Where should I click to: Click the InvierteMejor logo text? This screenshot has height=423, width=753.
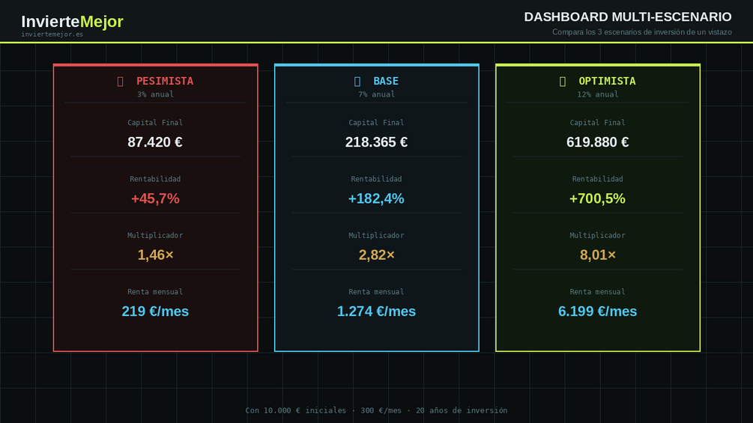pos(72,22)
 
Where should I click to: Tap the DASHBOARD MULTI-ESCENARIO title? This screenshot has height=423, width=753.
pos(627,16)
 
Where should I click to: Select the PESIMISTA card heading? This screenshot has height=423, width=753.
pos(164,81)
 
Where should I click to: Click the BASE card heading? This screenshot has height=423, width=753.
pos(385,81)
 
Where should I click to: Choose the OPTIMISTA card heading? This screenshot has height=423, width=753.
pos(606,81)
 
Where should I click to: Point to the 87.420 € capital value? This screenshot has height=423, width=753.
pos(155,142)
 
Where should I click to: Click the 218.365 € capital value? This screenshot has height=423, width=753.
pos(376,142)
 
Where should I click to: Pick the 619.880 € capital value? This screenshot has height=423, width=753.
pos(597,142)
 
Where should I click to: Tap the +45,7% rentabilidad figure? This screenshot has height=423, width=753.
pos(155,198)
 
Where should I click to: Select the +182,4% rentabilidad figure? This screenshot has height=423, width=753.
pos(376,198)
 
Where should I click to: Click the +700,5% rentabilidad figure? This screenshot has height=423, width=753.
pos(597,198)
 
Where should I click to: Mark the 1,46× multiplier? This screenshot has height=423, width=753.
pos(155,255)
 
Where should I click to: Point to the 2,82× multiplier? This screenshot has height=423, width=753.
pos(376,255)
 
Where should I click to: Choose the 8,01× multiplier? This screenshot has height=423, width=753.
pos(597,255)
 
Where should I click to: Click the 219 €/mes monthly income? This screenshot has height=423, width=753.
pos(155,311)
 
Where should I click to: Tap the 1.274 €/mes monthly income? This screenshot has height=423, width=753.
pos(376,311)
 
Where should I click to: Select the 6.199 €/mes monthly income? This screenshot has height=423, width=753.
pos(597,311)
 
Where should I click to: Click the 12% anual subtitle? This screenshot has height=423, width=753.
pos(597,94)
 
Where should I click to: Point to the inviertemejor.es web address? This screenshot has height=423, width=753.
pos(52,34)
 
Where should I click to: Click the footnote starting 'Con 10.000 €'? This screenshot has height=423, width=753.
pos(376,410)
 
